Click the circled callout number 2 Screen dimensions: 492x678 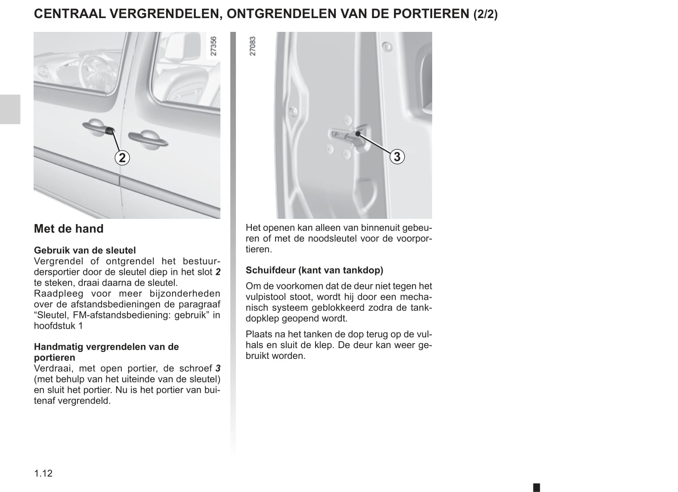pos(122,158)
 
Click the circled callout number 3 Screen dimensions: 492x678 pos(397,156)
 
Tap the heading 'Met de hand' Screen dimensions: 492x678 pos(68,229)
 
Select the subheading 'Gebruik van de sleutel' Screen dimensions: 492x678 pos(85,250)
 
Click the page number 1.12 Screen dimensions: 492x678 pos(43,473)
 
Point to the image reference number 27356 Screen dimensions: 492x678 pos(214,46)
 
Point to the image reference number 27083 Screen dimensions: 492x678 pos(253,46)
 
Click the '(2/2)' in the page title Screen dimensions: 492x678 pos(485,15)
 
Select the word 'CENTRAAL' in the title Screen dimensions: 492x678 pos(69,14)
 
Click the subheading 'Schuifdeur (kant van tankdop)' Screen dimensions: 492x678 pos(314,270)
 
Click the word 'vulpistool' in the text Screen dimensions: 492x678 pos(266,297)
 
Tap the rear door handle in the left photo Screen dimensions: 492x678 pos(148,139)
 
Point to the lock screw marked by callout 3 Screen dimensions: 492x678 pos(357,134)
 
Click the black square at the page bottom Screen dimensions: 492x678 pos(536,487)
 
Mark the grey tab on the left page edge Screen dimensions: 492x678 pos(10,109)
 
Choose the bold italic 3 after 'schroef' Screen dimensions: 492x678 pos(218,368)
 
